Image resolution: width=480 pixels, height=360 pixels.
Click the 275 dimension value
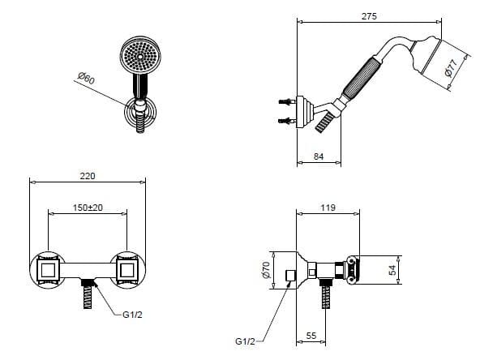pyautogui.click(x=369, y=16)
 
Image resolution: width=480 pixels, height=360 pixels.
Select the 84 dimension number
pyautogui.click(x=319, y=156)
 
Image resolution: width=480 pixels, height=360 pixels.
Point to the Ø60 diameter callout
pyautogui.click(x=86, y=79)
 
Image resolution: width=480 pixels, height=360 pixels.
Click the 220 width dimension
pyautogui.click(x=88, y=176)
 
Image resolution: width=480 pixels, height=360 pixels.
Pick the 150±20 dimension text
pyautogui.click(x=88, y=208)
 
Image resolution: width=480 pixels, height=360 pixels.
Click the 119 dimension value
pyautogui.click(x=328, y=208)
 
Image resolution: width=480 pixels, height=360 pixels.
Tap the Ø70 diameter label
pyautogui.click(x=267, y=270)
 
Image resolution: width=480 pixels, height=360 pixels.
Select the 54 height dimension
pyautogui.click(x=392, y=270)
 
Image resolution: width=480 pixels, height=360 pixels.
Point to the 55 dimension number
pyautogui.click(x=311, y=336)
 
